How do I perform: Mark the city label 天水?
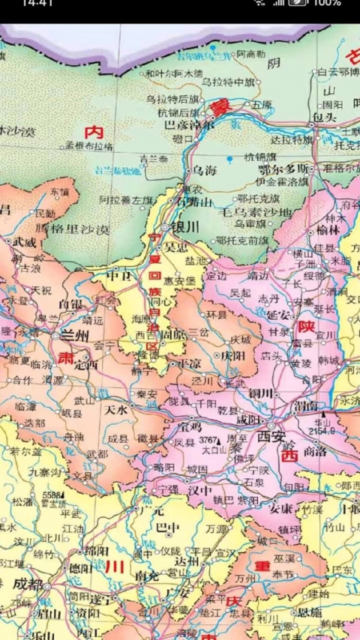coord(118,409)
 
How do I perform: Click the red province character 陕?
coord(305,327)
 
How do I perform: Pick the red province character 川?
coord(114,565)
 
